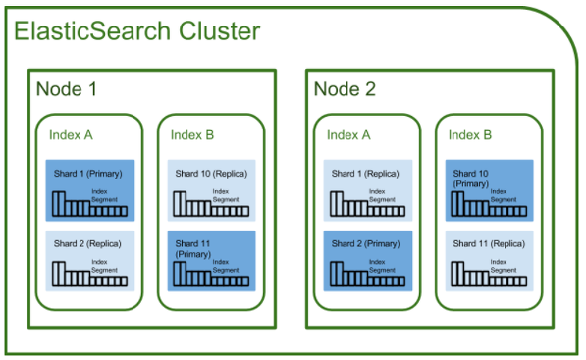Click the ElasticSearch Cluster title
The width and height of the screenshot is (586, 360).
(x=136, y=31)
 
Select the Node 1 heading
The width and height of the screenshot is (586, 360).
(x=67, y=89)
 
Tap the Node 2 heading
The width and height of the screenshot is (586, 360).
(x=345, y=89)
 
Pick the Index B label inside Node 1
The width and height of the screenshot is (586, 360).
(x=192, y=134)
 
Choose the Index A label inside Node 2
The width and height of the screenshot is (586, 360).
(x=349, y=134)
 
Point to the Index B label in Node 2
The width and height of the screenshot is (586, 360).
(x=470, y=134)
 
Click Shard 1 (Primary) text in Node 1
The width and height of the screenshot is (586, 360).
(x=87, y=173)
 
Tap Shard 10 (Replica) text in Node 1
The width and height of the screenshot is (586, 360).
(x=211, y=173)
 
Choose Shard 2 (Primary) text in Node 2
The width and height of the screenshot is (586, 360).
(x=365, y=243)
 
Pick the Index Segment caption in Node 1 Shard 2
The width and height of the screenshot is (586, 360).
(x=105, y=264)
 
